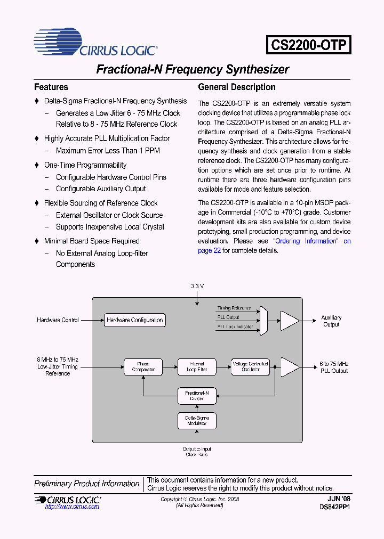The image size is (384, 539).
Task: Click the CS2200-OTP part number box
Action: pyautogui.click(x=309, y=45)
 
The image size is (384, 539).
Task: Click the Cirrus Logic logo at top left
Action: pyautogui.click(x=95, y=43)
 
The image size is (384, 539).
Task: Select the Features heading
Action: pyautogui.click(x=51, y=87)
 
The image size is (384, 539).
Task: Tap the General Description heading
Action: pyautogui.click(x=237, y=87)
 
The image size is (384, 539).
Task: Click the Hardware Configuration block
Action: pyautogui.click(x=134, y=320)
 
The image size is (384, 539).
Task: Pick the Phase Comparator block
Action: pyautogui.click(x=143, y=367)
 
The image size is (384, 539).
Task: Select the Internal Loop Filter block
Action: pyautogui.click(x=197, y=367)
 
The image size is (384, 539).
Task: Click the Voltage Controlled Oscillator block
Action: pyautogui.click(x=250, y=367)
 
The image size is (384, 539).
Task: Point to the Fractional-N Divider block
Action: pyautogui.click(x=197, y=395)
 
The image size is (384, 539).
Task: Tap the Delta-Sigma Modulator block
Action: pyautogui.click(x=197, y=421)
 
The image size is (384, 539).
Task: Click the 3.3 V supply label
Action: pyautogui.click(x=197, y=286)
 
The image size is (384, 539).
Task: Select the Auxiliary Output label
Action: pyautogui.click(x=331, y=321)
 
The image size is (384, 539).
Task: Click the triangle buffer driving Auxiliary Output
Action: pyautogui.click(x=290, y=321)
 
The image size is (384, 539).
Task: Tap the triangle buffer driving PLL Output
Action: pyautogui.click(x=290, y=367)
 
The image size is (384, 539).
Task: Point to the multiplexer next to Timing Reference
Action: pyautogui.click(x=263, y=321)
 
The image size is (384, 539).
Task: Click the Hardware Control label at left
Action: pyautogui.click(x=58, y=320)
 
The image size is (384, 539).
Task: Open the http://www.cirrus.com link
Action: pyautogui.click(x=72, y=507)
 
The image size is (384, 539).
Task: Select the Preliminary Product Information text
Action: pyautogui.click(x=86, y=484)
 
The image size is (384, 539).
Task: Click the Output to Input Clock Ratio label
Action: pyautogui.click(x=197, y=452)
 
